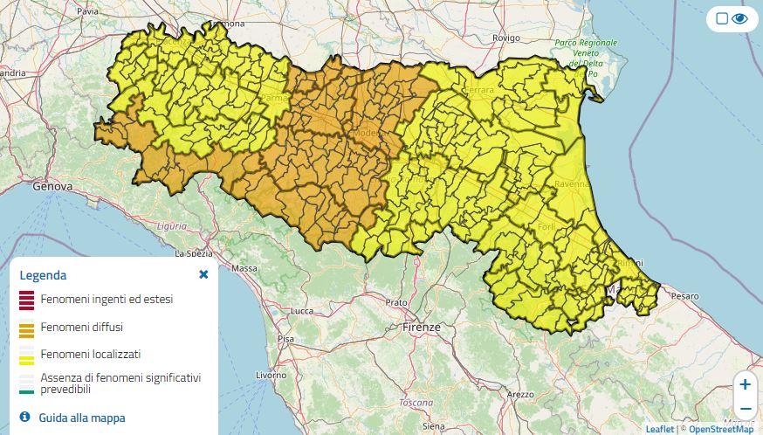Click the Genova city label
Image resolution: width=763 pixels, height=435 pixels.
(52, 186)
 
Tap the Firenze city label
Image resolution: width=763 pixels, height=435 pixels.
(422, 327)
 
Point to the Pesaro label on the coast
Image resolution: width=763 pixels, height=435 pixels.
(685, 296)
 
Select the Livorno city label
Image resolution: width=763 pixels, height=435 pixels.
(271, 375)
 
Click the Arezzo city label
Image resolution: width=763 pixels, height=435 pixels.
(521, 394)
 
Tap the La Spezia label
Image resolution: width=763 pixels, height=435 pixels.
(195, 254)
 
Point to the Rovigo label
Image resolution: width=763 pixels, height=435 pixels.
(505, 38)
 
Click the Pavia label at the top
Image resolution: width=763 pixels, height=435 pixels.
(87, 11)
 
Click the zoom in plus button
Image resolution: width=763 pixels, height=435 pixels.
(745, 384)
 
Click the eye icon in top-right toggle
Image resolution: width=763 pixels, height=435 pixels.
(740, 18)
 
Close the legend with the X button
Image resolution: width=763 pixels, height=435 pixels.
(203, 274)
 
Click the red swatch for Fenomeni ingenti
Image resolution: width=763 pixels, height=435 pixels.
(26, 300)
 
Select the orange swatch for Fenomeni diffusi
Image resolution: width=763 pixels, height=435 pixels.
(26, 328)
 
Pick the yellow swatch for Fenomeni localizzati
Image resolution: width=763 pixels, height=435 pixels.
(26, 355)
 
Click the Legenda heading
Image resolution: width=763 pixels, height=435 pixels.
(43, 275)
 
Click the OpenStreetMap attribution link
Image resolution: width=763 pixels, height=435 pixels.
(721, 429)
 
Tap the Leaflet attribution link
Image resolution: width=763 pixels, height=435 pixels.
(659, 429)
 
